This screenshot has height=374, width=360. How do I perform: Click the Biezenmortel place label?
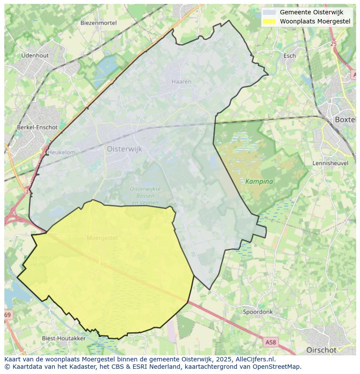coord(98,23)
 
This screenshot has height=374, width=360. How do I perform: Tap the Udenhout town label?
coord(35,56)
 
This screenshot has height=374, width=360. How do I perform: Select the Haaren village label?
coord(181,81)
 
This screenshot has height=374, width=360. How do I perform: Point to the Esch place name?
coord(289,56)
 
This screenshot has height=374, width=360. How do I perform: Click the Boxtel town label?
coord(345,119)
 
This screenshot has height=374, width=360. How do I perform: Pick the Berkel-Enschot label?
coord(37,127)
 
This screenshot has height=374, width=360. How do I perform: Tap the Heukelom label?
coord(61,152)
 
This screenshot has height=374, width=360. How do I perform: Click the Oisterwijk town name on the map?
coord(124,149)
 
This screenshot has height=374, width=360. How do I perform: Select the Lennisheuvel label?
coord(330,163)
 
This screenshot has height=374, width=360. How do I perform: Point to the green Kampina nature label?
coord(259,181)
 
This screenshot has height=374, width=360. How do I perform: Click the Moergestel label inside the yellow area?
coord(102,238)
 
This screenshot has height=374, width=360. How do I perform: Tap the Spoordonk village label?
coord(257,312)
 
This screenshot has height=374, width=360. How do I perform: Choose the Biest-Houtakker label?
coord(63,338)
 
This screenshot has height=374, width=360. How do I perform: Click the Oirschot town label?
coord(321,350)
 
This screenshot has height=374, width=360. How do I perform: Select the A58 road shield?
coord(270,342)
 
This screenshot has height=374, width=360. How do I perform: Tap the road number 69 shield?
coord(8,314)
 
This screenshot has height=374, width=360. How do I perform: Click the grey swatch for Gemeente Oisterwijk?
coord(269,12)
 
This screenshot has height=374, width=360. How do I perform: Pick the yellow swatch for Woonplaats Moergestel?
coord(269,21)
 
